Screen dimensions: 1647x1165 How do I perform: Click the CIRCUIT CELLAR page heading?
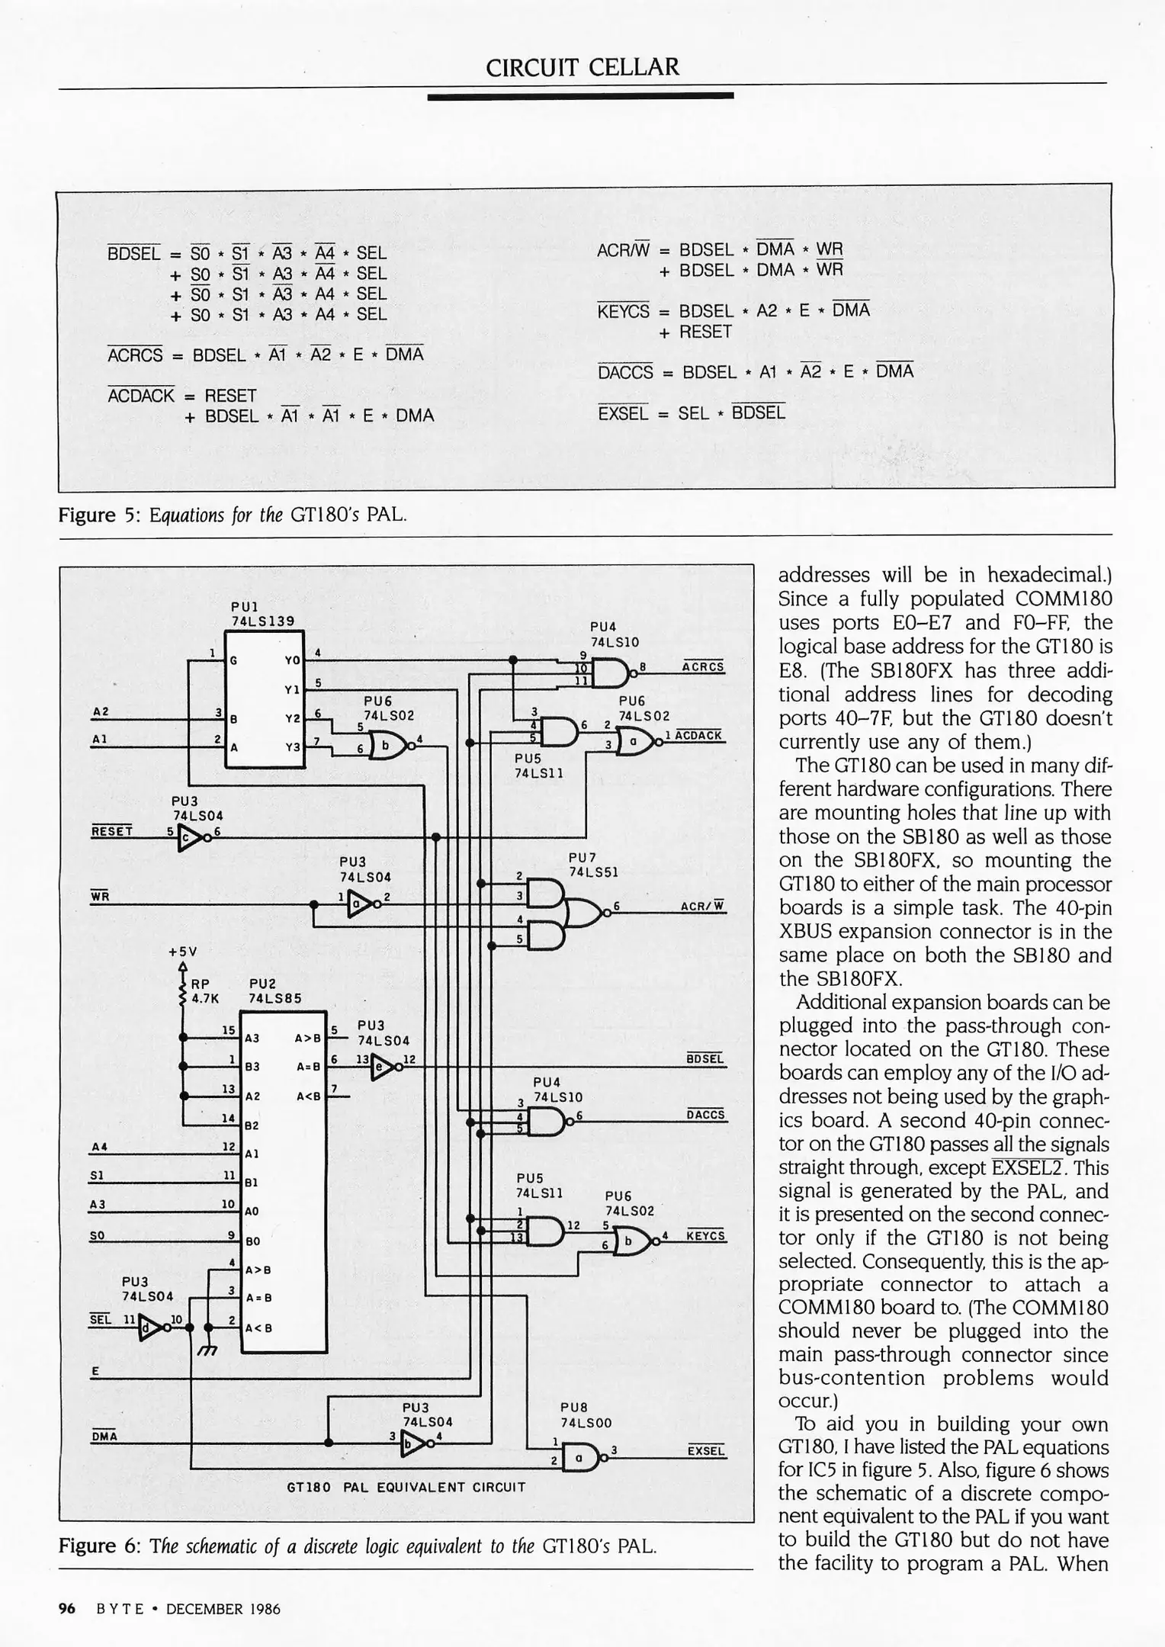click(x=582, y=67)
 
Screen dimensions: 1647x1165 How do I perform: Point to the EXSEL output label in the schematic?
click(x=706, y=1450)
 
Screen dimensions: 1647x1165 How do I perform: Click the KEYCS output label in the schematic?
click(x=705, y=1235)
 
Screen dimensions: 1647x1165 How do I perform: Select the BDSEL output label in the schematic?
click(x=705, y=1059)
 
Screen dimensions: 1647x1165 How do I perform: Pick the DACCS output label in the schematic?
click(x=705, y=1115)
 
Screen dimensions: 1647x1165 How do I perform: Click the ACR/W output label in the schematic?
click(x=702, y=907)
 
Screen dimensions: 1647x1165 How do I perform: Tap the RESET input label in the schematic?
click(x=111, y=830)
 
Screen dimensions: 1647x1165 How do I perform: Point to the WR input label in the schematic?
click(x=100, y=896)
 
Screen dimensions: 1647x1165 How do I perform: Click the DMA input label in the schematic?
click(x=104, y=1437)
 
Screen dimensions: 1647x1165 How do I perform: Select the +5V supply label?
click(x=183, y=952)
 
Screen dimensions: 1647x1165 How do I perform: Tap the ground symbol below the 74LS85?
click(x=207, y=1351)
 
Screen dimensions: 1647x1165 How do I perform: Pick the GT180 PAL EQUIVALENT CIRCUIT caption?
click(x=406, y=1487)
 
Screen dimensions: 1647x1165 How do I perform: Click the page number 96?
click(x=67, y=1609)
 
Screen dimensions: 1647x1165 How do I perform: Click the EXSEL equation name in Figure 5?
click(x=623, y=413)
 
